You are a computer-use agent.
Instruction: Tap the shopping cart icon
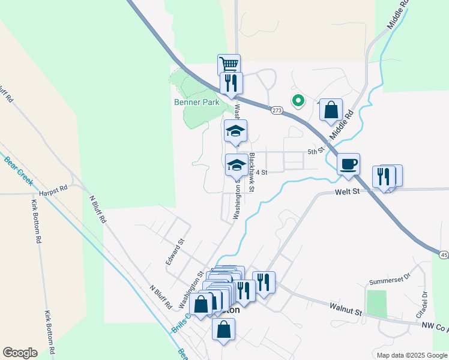(x=229, y=64)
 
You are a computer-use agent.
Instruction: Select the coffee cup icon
(x=348, y=164)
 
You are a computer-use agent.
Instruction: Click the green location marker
(x=297, y=101)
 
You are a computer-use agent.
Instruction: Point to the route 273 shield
(x=276, y=110)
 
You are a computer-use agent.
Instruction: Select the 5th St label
(x=316, y=151)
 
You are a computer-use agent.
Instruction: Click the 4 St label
(x=261, y=172)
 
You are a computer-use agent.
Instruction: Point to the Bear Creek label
(x=17, y=171)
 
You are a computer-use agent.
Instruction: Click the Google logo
(x=20, y=353)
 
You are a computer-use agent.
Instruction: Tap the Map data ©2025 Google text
(x=411, y=355)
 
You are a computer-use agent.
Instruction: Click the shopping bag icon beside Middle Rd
(x=331, y=110)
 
